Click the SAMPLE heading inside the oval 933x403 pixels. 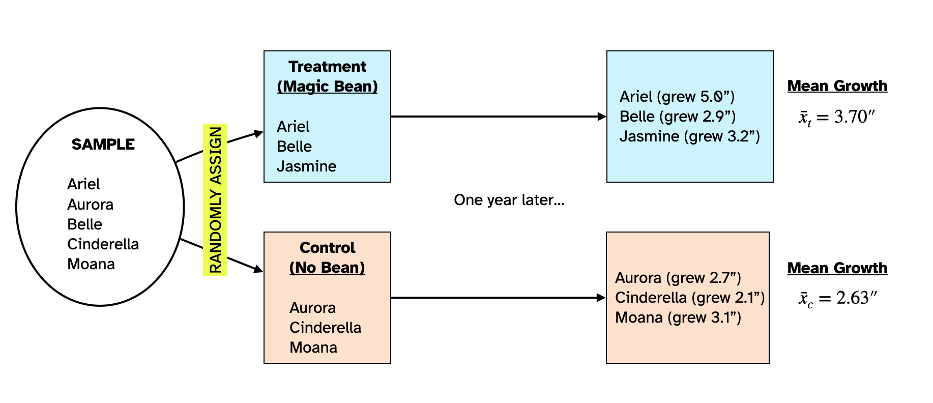pyautogui.click(x=103, y=145)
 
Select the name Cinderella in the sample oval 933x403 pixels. pyautogui.click(x=103, y=244)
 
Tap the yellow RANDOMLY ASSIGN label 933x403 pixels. pyautogui.click(x=215, y=199)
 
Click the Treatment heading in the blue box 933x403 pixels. pyautogui.click(x=327, y=67)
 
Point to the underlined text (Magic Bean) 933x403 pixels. pyautogui.click(x=327, y=87)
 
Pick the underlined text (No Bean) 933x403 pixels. pyautogui.click(x=327, y=268)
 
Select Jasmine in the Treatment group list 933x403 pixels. pyautogui.click(x=306, y=166)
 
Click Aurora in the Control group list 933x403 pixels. pyautogui.click(x=312, y=308)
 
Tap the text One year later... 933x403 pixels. pyautogui.click(x=509, y=200)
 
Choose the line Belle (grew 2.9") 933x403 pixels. pyautogui.click(x=677, y=117)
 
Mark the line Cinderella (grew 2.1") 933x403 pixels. pyautogui.click(x=689, y=298)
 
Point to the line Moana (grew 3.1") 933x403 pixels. pyautogui.click(x=678, y=318)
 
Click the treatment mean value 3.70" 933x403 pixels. pyautogui.click(x=854, y=117)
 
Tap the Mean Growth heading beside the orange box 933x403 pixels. pyautogui.click(x=837, y=268)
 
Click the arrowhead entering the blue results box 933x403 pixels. pyautogui.click(x=602, y=117)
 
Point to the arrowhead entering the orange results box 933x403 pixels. pyautogui.click(x=601, y=298)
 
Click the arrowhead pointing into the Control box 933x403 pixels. pyautogui.click(x=258, y=269)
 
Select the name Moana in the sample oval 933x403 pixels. pyautogui.click(x=91, y=264)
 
